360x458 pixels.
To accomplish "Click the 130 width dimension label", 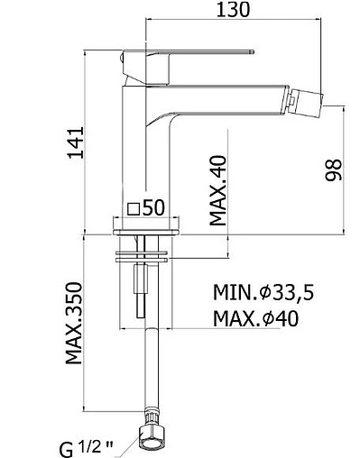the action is coord(233,9).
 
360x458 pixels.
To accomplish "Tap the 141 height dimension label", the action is coord(75,142).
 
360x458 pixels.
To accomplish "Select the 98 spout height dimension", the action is coord(334,169).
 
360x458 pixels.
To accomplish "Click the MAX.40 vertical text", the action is coord(217,190).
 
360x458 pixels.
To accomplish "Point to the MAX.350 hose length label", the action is coord(74,323).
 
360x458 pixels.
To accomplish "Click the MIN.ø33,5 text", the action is coord(263,292).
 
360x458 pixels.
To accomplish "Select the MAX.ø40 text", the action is coord(256,318).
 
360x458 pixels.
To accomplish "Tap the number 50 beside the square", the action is coord(153,207).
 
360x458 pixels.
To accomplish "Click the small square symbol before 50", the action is coord(134,208).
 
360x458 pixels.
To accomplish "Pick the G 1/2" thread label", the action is coord(86,449).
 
